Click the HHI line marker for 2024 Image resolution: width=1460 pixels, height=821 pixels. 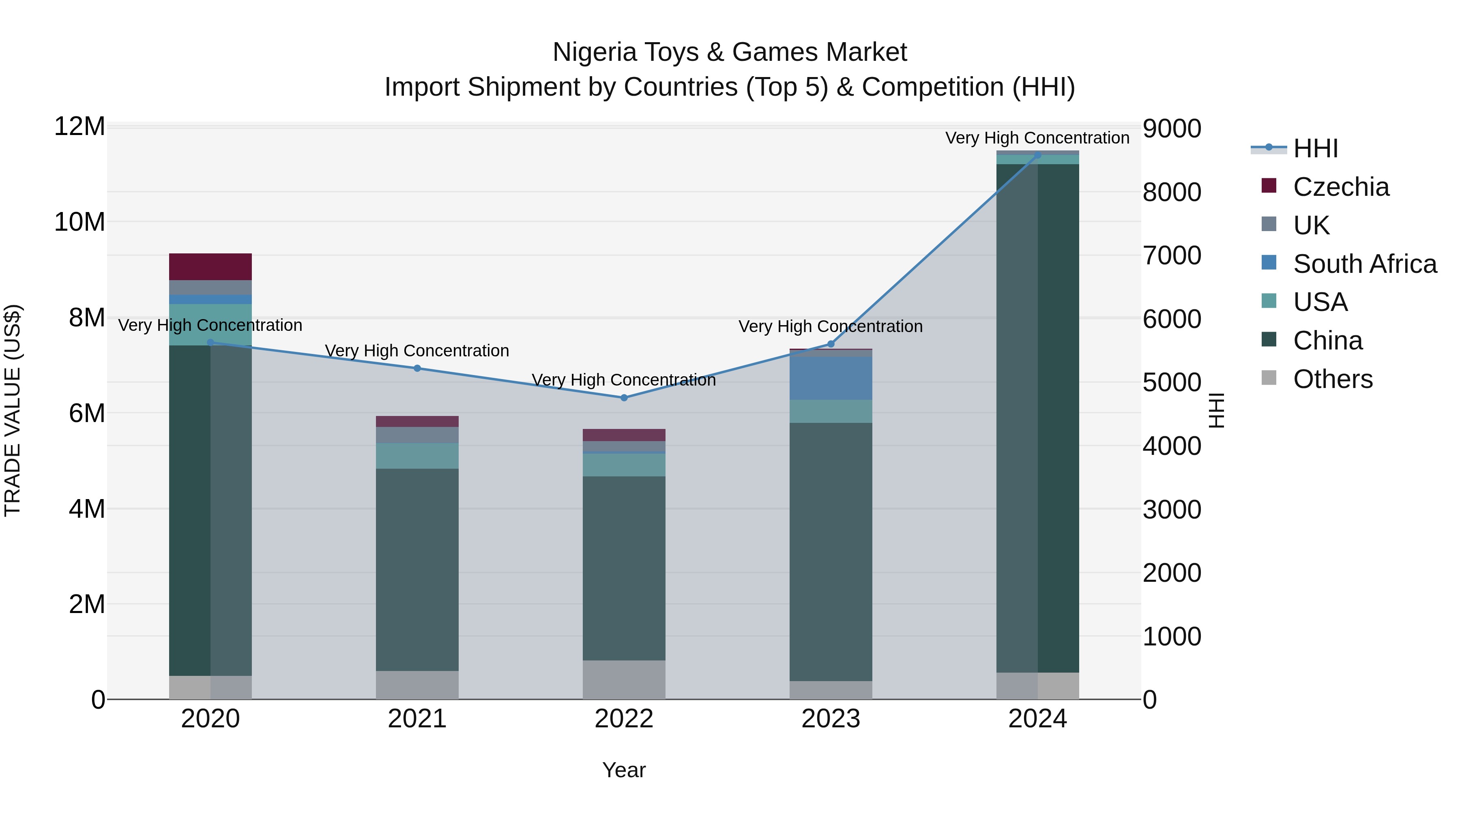coord(1038,155)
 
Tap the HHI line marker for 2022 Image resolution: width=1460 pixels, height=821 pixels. coord(624,398)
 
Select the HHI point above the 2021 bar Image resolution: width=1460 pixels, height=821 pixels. coord(417,368)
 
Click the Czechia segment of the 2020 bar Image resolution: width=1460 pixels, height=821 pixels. coord(210,267)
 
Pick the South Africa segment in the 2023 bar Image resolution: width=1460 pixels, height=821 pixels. coord(831,377)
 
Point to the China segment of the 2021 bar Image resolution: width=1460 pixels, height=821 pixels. coord(417,570)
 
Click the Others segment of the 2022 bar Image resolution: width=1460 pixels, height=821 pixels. coord(624,680)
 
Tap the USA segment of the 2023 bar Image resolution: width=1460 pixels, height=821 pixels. coord(831,412)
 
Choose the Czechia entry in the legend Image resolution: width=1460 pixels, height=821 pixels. coord(1340,187)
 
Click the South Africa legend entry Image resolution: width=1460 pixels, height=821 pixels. coord(1364,264)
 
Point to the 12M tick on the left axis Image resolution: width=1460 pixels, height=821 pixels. coord(79,126)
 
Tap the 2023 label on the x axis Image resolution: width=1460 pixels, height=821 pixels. coord(831,719)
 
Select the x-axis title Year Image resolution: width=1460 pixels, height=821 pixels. coord(624,770)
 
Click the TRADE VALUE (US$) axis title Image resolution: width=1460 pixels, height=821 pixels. coord(13,410)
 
